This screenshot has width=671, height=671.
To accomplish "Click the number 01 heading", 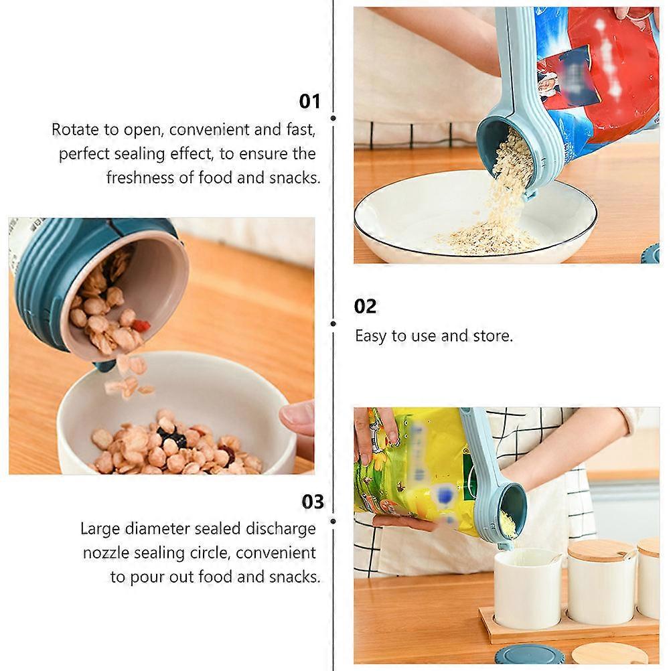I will coord(309,102).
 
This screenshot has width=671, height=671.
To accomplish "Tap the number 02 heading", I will coord(366,307).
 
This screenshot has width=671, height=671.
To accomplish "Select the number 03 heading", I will coord(313,502).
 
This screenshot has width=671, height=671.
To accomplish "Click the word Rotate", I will coord(75,129).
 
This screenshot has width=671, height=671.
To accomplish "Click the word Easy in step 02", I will coord(370,335).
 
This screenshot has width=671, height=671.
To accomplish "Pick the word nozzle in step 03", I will coord(106,553).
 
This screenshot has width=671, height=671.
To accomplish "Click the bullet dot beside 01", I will coord(333,118).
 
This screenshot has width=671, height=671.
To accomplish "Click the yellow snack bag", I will coord(415,469).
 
